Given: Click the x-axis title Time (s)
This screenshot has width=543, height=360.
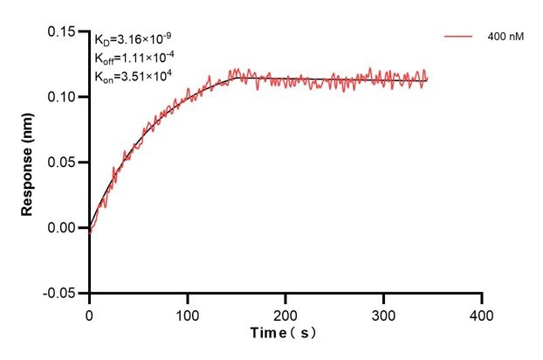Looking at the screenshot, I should point(284,335).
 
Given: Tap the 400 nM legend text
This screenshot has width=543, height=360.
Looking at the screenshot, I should point(505,38).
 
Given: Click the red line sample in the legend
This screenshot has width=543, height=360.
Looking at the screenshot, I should point(459,38).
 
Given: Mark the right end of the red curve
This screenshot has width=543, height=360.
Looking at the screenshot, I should point(427,79).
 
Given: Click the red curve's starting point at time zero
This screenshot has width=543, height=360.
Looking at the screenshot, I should point(90,232).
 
